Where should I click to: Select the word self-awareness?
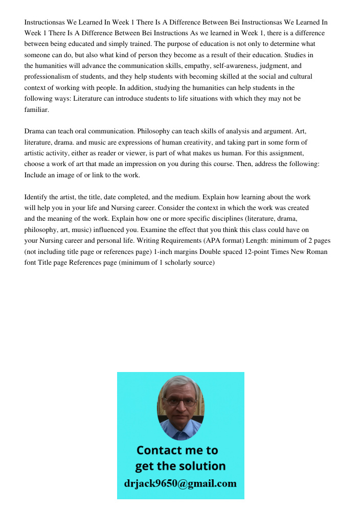pos(259,66)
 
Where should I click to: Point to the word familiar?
pos(36,109)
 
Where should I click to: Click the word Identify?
pos(36,197)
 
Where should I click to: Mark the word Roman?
pos(316,251)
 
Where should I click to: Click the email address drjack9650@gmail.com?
pos(180,483)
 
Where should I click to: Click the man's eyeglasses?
pos(181,402)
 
